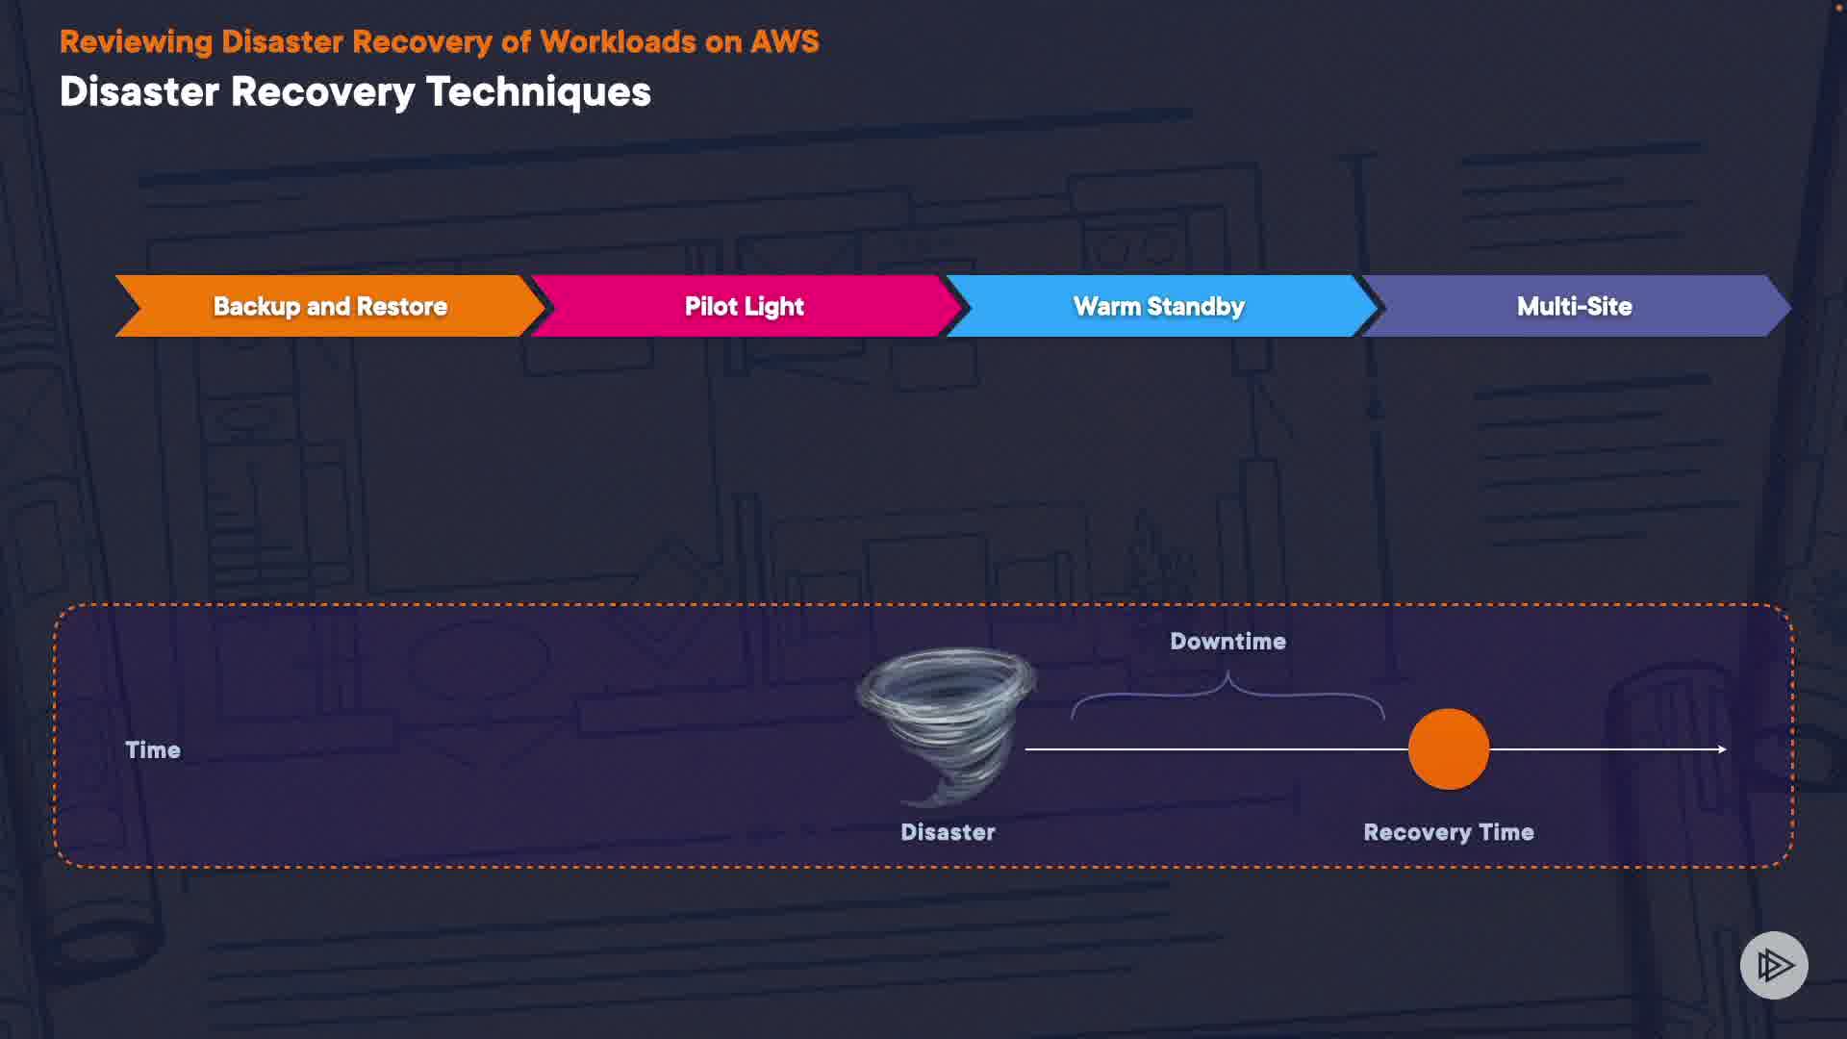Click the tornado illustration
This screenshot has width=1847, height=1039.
click(945, 722)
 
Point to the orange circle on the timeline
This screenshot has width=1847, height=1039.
click(1448, 748)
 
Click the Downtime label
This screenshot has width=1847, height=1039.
click(1227, 642)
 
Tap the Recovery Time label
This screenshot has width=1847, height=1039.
click(1448, 832)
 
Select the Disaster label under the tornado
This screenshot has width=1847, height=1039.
click(948, 832)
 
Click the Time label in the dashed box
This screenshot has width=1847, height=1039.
click(153, 750)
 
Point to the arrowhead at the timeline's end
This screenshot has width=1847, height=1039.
click(1721, 748)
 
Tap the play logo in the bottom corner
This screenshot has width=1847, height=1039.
click(1773, 965)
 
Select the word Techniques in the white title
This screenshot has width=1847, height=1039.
click(538, 92)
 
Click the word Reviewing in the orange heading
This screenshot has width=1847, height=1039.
click(136, 42)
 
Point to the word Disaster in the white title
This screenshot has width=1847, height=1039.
click(139, 92)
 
